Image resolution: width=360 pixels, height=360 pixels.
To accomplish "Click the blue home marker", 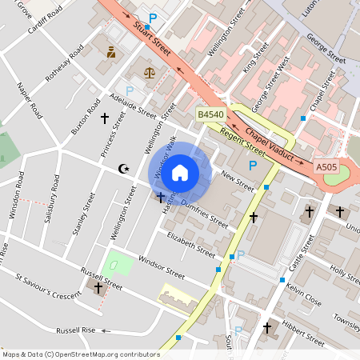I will pyautogui.click(x=180, y=172).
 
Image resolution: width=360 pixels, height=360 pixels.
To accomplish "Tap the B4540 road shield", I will pyautogui.click(x=210, y=115).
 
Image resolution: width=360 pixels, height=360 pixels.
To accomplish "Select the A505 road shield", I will pyautogui.click(x=326, y=167).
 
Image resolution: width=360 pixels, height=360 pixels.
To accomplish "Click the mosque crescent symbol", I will pyautogui.click(x=123, y=168).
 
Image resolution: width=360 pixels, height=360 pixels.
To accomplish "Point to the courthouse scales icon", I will pyautogui.click(x=150, y=72).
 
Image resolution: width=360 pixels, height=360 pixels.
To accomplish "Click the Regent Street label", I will pyautogui.click(x=242, y=142).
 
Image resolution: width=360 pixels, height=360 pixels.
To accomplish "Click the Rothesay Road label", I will pyautogui.click(x=64, y=63).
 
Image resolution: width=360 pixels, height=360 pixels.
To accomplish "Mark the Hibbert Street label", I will pyautogui.click(x=303, y=335).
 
